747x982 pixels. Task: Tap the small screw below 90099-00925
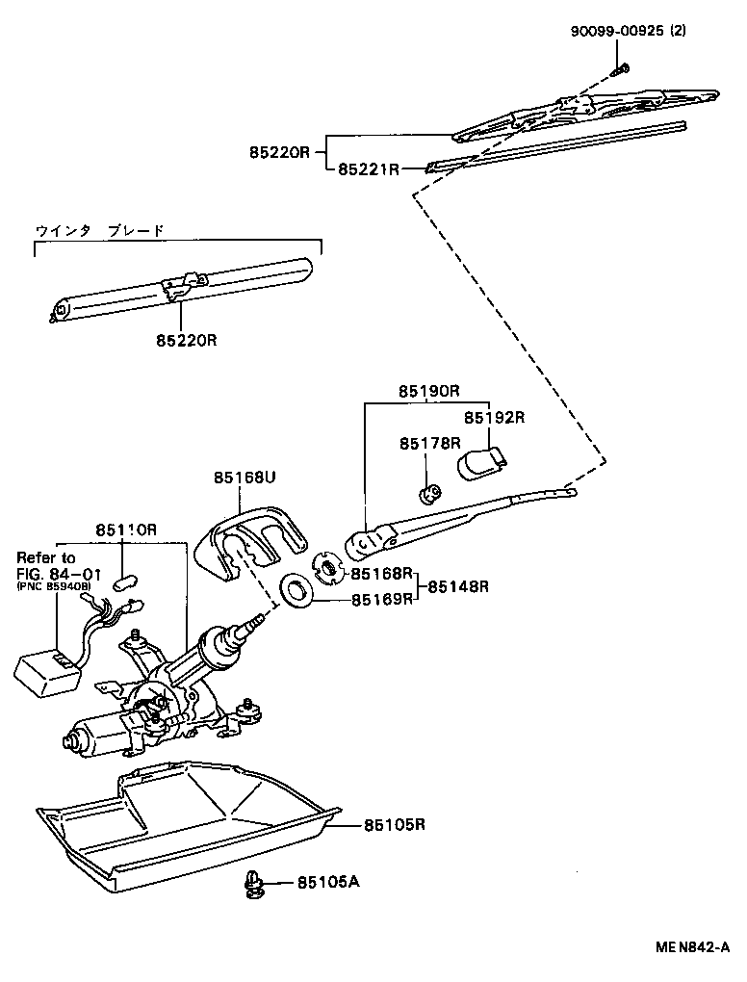tap(622, 69)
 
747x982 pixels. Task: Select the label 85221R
tap(368, 169)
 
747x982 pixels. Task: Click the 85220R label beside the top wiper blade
tap(279, 152)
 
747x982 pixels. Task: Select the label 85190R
tap(429, 392)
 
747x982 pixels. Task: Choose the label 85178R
tap(429, 444)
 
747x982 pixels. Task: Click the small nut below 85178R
tap(428, 495)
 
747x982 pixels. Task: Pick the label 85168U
tap(245, 478)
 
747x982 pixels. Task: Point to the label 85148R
tap(458, 585)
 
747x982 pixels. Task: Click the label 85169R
tap(381, 599)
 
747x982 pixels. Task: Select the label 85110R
tap(125, 530)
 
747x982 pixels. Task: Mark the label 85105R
tap(395, 825)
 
